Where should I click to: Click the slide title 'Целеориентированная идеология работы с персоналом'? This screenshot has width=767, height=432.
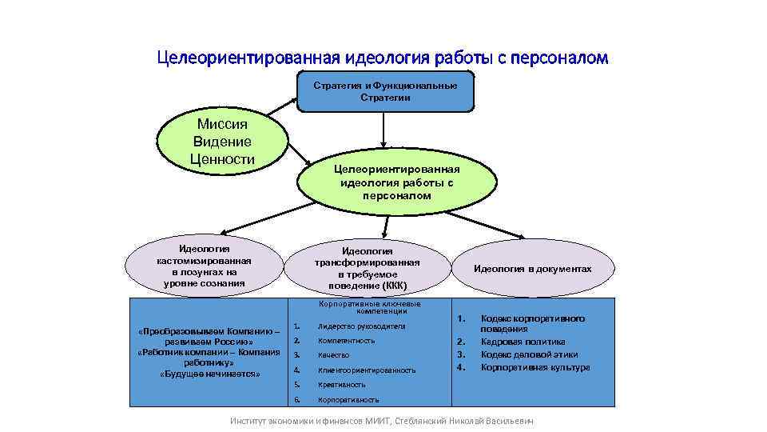click(x=383, y=58)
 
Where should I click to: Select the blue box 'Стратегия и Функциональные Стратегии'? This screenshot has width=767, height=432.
click(x=385, y=91)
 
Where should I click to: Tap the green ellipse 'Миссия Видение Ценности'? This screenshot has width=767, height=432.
click(x=222, y=142)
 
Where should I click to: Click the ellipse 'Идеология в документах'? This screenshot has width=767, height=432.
click(x=532, y=269)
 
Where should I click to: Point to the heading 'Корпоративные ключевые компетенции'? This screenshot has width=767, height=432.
click(x=368, y=307)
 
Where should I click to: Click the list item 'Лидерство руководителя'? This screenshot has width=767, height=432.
click(x=361, y=326)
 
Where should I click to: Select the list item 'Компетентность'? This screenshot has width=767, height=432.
click(x=346, y=341)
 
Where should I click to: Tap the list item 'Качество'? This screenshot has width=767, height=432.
click(x=333, y=355)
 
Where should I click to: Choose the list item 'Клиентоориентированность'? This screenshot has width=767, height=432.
click(x=366, y=370)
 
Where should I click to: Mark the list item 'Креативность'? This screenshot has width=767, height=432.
click(x=341, y=385)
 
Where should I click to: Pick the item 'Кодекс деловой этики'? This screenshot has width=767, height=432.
click(x=529, y=354)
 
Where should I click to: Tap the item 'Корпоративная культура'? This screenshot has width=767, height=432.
click(x=535, y=367)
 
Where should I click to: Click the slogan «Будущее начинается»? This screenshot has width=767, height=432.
click(x=209, y=374)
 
